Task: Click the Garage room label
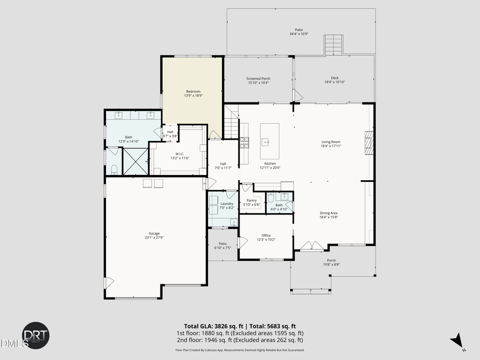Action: [x=154, y=233]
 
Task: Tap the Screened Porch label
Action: [x=258, y=78]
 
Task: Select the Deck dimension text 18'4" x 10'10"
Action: [x=334, y=82]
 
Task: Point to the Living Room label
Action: [x=331, y=142]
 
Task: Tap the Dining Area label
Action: [x=329, y=213]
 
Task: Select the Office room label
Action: [x=266, y=235]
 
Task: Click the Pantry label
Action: [x=252, y=201]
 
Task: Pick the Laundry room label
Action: [x=227, y=203]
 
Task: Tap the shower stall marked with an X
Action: [x=135, y=161]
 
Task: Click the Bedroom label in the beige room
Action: [x=193, y=91]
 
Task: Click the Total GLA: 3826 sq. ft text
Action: [x=211, y=326]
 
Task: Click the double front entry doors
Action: [x=311, y=246]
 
